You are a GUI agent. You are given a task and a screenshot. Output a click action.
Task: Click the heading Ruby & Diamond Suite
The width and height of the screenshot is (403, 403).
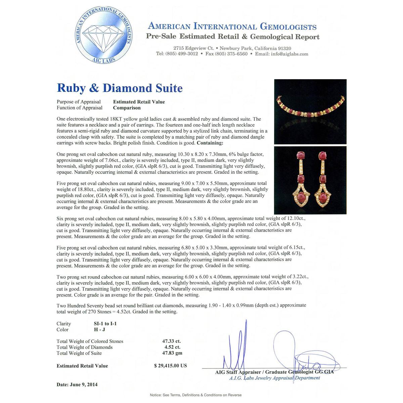[120, 88]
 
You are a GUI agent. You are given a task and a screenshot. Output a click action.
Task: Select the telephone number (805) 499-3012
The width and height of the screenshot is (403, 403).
[181, 54]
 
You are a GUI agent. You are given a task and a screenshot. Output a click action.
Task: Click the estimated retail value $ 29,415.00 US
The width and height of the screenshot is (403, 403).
[170, 366]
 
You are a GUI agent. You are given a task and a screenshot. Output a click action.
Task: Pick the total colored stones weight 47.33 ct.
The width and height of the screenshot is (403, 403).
[171, 341]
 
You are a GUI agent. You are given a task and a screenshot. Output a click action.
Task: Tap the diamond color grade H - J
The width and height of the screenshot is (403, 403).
[99, 330]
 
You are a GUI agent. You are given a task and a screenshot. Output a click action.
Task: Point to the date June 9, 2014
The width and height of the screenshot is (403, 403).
[77, 385]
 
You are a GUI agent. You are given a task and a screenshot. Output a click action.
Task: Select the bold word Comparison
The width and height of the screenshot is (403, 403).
[127, 108]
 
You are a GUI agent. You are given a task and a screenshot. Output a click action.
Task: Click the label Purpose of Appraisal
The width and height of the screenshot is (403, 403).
[79, 102]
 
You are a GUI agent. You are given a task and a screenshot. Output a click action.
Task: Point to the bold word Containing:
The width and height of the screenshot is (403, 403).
[210, 143]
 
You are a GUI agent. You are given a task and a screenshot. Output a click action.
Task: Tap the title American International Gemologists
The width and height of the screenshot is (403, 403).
[232, 27]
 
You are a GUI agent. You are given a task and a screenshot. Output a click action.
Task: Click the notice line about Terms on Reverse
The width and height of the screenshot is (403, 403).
[195, 395]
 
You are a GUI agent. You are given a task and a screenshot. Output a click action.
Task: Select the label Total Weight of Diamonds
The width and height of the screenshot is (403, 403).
[85, 347]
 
